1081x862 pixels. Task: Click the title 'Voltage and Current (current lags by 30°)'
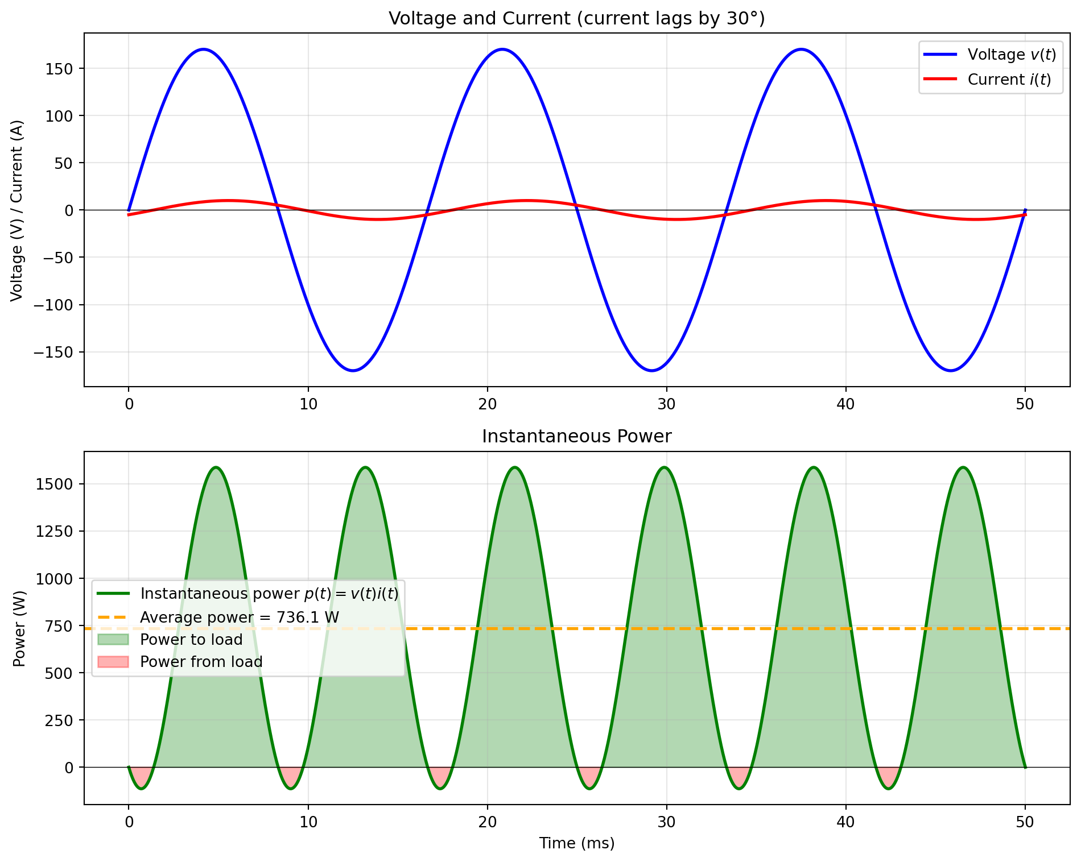[x=576, y=19]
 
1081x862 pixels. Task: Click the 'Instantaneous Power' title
[x=576, y=436]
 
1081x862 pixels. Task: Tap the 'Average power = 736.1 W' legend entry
[x=239, y=618]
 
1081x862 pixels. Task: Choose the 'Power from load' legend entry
[x=201, y=662]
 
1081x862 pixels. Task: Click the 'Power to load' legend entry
[x=191, y=640]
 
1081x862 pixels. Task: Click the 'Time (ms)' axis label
[x=576, y=843]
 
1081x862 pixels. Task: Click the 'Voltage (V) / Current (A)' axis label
[x=17, y=210]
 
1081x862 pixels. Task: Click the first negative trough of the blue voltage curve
[x=353, y=371]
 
